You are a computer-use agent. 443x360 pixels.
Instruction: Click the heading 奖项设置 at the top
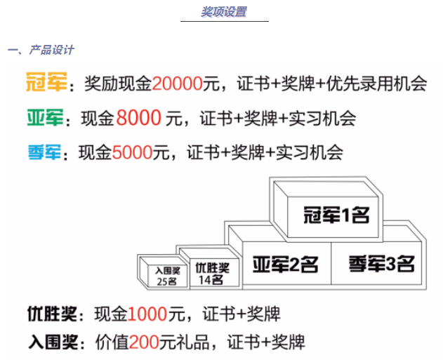pos(224,12)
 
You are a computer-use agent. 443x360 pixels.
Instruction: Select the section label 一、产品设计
pos(41,51)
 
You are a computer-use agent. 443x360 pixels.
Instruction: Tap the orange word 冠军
pos(46,85)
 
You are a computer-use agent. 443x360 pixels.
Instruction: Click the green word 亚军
pos(46,119)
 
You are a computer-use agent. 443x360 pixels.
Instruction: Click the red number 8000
pos(140,119)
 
